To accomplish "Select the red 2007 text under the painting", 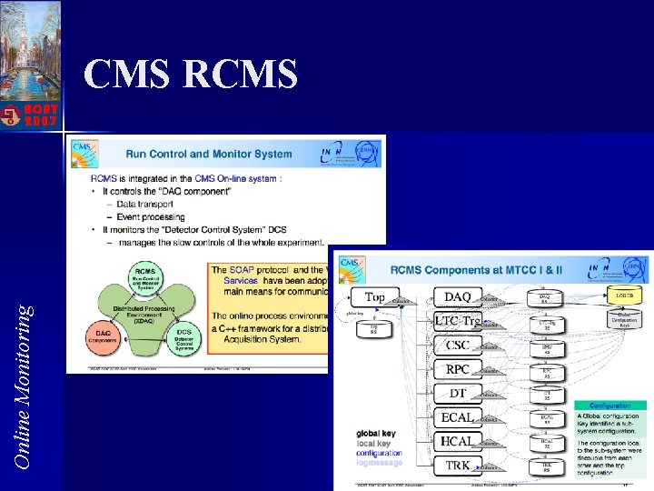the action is coord(42,119).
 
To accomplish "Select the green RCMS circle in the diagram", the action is coord(144,275).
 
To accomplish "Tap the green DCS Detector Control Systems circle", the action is coord(184,338).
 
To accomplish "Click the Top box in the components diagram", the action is coord(374,296).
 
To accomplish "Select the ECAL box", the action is coord(458,417).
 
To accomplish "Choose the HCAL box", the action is coord(458,441).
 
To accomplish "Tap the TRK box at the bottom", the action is coord(458,465).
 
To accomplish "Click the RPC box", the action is coord(458,369).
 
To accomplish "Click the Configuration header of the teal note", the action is coord(610,406).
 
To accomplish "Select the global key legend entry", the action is coord(375,433).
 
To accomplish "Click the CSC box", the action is coord(458,345).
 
